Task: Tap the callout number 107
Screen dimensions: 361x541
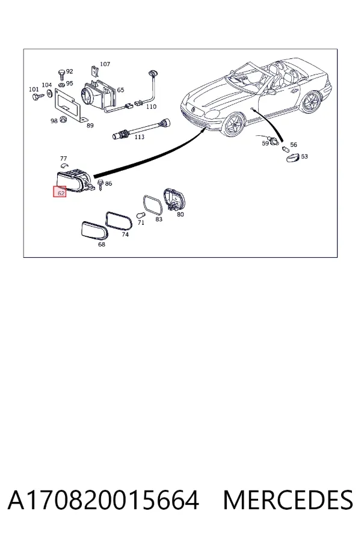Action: pos(105,64)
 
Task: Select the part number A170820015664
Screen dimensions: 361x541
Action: pos(103,500)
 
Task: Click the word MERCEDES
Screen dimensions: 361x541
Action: pos(288,500)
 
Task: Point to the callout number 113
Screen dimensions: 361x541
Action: pos(140,136)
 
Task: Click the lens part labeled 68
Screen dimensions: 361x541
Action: pos(94,230)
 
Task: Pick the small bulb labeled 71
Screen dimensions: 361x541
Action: pos(141,215)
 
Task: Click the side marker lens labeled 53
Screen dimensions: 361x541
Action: pos(293,157)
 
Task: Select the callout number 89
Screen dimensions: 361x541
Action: pos(90,126)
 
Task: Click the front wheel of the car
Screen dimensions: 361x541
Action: pos(235,125)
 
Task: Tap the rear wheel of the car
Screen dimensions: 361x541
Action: pos(311,102)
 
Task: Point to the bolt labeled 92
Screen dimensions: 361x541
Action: pos(61,75)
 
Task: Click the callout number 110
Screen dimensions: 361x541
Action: pos(151,106)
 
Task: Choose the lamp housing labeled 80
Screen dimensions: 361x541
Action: pos(174,200)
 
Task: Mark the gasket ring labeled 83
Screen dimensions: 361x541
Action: pos(153,206)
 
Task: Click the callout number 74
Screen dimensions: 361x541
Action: pos(125,234)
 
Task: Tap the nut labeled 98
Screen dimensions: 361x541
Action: pos(63,120)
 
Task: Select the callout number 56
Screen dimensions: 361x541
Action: pos(293,144)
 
